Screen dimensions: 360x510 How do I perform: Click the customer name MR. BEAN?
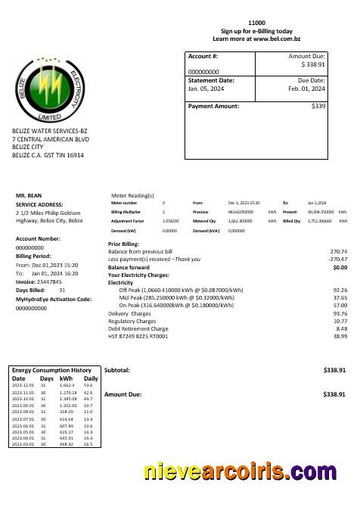[x=29, y=195]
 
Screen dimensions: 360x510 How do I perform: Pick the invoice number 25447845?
[x=49, y=281]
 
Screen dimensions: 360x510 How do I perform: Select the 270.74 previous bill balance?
[x=338, y=251]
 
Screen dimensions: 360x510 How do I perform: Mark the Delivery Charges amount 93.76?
[x=340, y=313]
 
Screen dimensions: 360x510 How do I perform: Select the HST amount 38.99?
[x=340, y=337]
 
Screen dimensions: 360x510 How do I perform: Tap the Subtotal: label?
[x=117, y=370]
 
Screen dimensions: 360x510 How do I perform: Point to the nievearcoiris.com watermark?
[x=240, y=472]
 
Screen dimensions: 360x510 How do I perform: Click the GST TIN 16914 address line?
[x=48, y=155]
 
